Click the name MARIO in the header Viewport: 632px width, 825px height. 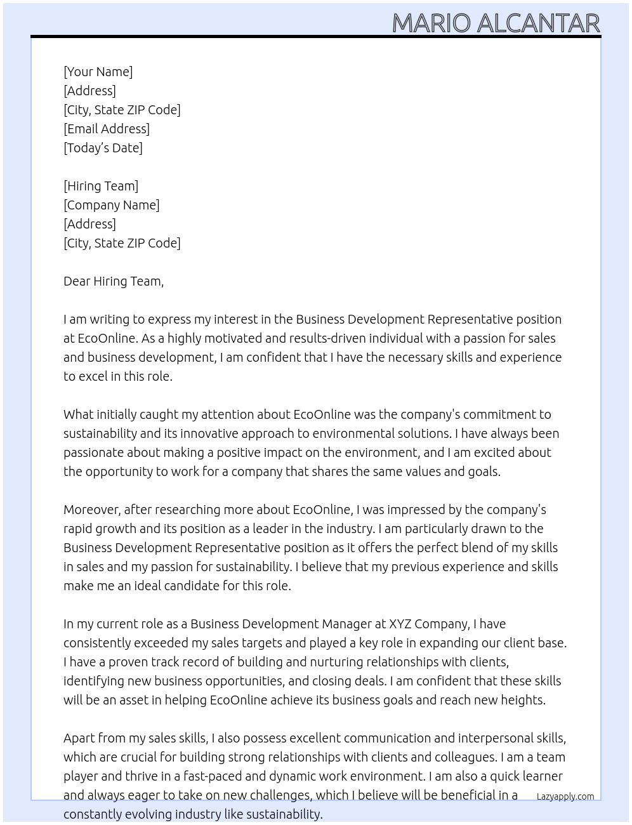(431, 23)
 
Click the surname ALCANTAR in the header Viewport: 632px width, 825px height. (538, 23)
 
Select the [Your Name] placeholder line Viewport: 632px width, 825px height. (98, 72)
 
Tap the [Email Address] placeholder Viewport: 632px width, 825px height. (107, 129)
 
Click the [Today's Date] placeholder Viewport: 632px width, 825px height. (103, 148)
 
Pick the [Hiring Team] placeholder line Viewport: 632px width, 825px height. (101, 186)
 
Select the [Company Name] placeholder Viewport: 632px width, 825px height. (111, 205)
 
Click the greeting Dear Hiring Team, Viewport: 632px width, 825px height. (114, 281)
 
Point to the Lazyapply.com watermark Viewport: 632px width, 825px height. (565, 796)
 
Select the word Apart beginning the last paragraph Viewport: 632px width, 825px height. (79, 738)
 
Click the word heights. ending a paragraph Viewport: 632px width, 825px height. (524, 700)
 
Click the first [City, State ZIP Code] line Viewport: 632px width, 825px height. (122, 110)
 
